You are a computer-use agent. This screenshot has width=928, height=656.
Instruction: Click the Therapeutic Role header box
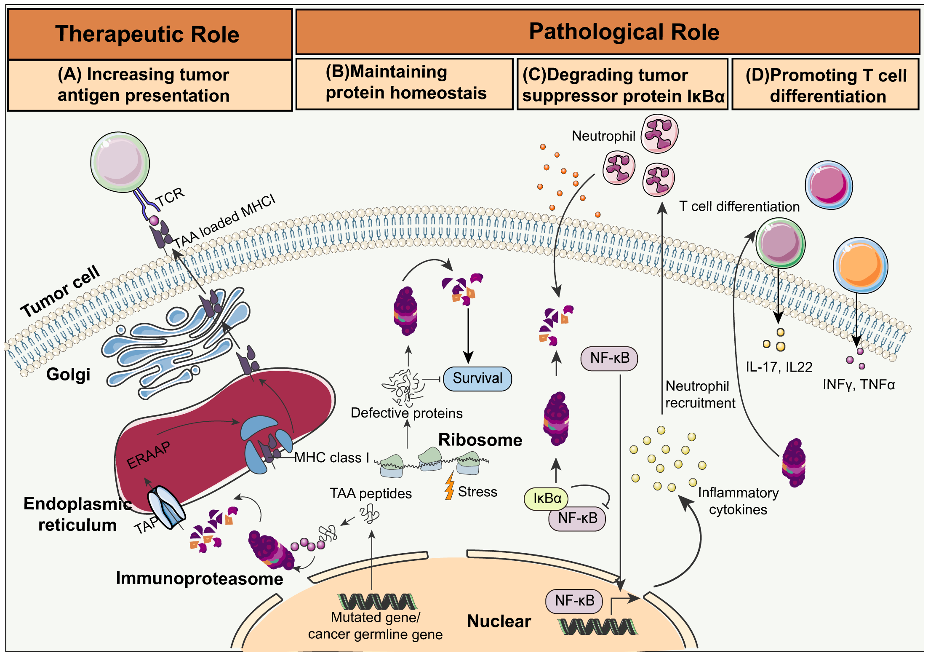point(149,34)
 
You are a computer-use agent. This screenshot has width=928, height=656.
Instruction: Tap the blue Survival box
point(477,378)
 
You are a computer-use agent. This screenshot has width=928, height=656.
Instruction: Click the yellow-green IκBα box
point(546,498)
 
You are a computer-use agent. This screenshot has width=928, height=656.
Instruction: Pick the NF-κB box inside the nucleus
point(574,601)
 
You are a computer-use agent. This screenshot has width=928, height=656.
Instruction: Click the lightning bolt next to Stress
point(450,486)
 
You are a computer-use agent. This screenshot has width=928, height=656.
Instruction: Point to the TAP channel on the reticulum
point(166,507)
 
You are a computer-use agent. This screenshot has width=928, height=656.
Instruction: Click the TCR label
point(170,196)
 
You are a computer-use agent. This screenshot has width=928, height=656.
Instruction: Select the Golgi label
point(68,374)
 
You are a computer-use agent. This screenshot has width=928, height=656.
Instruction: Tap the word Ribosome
point(480,440)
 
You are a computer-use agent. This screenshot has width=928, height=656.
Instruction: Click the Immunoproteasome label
point(199,578)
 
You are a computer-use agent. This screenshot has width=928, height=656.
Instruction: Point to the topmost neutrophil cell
point(659,134)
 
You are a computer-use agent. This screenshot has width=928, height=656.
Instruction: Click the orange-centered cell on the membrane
point(860,265)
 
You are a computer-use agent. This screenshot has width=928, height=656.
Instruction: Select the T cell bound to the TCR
point(120,162)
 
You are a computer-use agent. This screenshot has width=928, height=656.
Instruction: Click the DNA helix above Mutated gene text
point(377,601)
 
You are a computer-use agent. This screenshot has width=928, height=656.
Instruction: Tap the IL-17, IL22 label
point(779,367)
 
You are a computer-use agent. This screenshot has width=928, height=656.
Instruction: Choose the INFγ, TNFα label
point(859,384)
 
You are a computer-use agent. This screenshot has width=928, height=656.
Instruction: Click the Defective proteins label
point(406,413)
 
